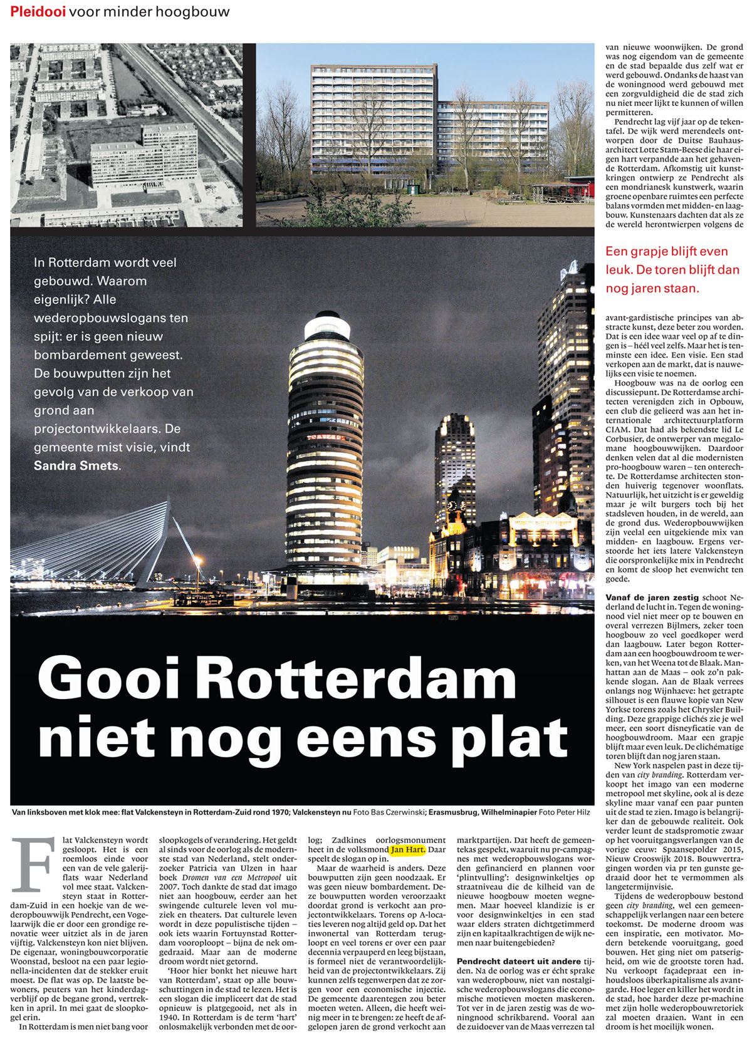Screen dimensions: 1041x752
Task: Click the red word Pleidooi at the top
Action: click(x=38, y=12)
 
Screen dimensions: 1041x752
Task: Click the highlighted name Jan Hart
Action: click(x=407, y=850)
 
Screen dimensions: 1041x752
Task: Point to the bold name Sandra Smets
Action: click(x=76, y=465)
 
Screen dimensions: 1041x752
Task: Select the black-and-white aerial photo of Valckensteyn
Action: click(x=126, y=135)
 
